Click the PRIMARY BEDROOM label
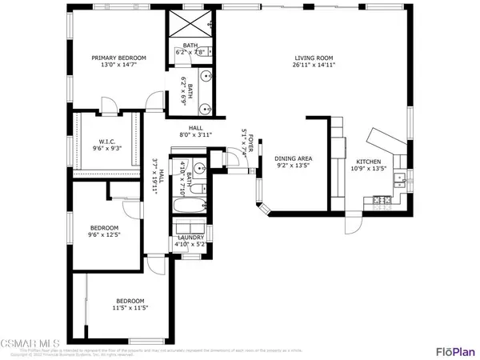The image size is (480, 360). point(118,58)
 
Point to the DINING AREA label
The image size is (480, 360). point(293,159)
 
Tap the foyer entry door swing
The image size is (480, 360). point(238,160)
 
